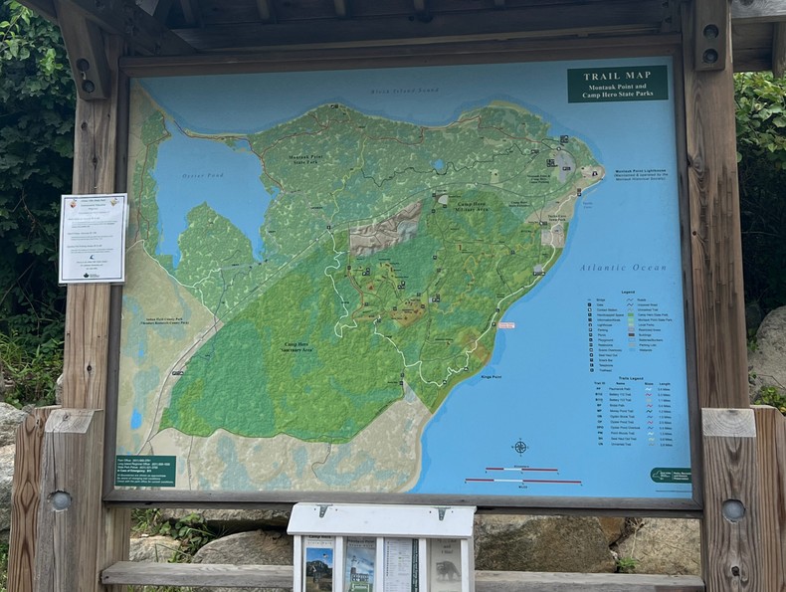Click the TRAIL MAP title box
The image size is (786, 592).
[617, 84]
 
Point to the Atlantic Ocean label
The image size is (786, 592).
[623, 268]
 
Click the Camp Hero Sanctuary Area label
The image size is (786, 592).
[296, 347]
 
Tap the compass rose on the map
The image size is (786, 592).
[519, 447]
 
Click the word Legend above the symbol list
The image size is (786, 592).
[628, 292]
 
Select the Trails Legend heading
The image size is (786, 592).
[630, 377]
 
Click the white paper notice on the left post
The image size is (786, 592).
[93, 238]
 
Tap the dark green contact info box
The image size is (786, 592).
[144, 470]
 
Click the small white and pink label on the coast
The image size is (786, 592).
[506, 325]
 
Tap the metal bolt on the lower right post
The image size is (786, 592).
[733, 509]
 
